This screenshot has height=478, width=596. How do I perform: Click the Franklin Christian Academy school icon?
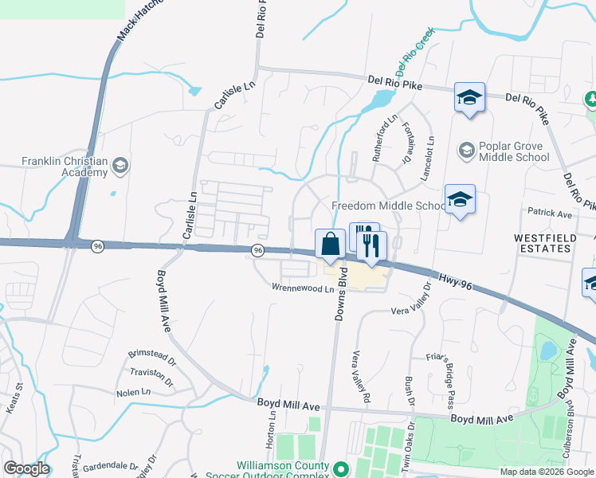click(120, 166)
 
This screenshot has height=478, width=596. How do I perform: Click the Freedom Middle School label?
click(388, 206)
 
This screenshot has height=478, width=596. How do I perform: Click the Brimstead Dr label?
click(151, 354)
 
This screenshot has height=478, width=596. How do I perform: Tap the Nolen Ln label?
click(133, 392)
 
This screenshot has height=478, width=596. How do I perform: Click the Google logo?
click(27, 468)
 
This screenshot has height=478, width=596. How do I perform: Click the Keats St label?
click(14, 398)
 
